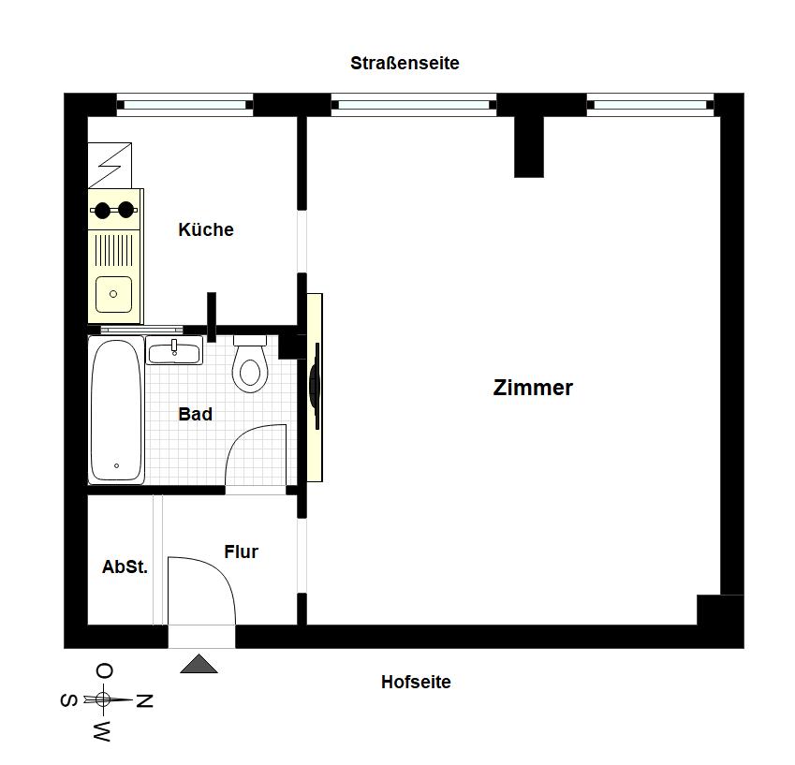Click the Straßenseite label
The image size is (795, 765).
(405, 63)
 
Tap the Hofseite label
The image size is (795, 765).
(416, 682)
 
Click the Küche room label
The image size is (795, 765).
(206, 229)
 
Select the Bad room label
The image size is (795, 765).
(195, 414)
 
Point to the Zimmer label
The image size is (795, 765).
(533, 388)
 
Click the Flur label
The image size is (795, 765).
(242, 552)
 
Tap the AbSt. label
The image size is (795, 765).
(125, 566)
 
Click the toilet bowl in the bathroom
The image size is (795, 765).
(250, 363)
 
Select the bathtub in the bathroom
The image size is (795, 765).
(117, 409)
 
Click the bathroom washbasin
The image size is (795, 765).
(174, 351)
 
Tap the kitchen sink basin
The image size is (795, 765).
(113, 294)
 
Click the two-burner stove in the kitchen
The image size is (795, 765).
(114, 210)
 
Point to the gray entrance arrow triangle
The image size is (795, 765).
(199, 664)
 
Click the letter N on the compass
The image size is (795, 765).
(144, 700)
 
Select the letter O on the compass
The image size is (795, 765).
(105, 671)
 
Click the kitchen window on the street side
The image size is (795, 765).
(185, 105)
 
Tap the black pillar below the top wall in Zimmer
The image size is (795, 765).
(529, 147)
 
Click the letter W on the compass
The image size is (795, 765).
(102, 731)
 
